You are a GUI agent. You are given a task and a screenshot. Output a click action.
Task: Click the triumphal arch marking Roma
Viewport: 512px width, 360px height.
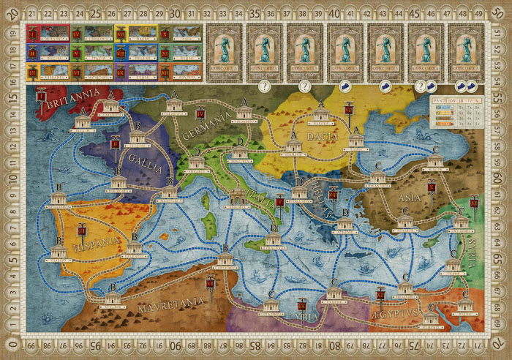[236, 198]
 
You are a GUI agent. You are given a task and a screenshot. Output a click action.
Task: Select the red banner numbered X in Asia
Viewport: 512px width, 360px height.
[432, 187]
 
